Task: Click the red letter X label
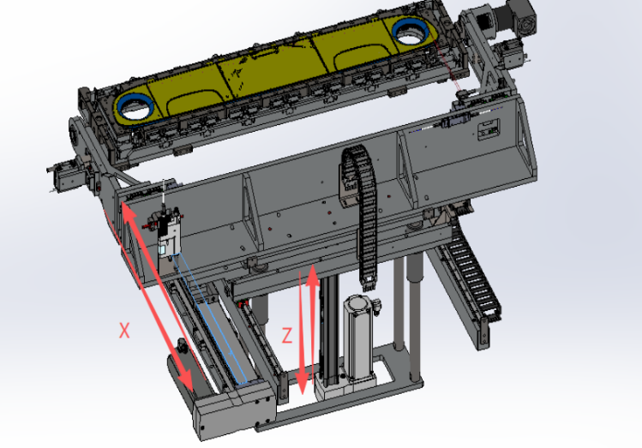coord(124,330)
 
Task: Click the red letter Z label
coord(287,335)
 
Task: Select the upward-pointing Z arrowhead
coord(312,275)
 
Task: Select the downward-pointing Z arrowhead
coord(302,384)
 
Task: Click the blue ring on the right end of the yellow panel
coord(410,33)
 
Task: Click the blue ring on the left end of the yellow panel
coord(135,107)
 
